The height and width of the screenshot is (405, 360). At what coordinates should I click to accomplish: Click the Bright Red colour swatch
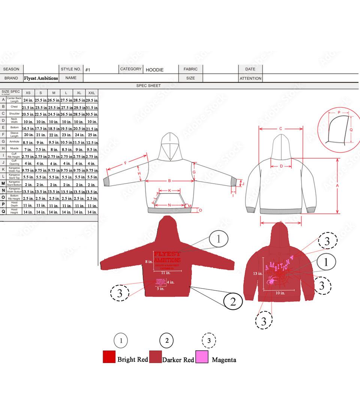(109, 357)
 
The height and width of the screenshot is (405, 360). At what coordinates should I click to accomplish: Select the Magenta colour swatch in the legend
(202, 357)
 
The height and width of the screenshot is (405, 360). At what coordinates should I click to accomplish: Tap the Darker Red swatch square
(155, 357)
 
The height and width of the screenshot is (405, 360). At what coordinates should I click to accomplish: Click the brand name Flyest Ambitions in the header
(41, 78)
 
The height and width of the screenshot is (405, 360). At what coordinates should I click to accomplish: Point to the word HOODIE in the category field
(154, 70)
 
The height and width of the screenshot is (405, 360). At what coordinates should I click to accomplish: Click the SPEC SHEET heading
(148, 85)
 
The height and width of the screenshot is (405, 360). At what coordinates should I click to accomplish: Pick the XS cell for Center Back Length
(28, 100)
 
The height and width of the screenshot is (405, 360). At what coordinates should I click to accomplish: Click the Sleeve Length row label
(14, 134)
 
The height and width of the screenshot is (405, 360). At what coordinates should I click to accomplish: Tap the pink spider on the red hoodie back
(271, 280)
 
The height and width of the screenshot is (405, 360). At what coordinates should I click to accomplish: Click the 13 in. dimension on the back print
(258, 274)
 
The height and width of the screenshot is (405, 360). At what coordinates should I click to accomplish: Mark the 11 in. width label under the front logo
(166, 273)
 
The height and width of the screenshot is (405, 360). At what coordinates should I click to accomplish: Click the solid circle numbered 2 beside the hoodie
(233, 301)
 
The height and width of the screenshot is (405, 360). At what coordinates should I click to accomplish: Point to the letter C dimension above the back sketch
(280, 129)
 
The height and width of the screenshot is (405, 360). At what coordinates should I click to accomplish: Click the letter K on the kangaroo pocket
(169, 190)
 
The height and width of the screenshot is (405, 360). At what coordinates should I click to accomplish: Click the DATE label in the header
(250, 69)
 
